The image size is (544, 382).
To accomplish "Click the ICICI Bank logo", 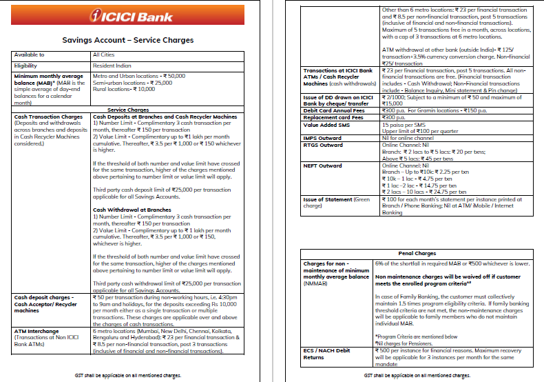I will [129, 17].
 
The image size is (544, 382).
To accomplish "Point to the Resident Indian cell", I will [111, 65].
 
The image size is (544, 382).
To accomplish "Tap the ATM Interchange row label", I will [37, 331].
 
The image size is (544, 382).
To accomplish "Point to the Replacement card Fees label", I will [333, 117].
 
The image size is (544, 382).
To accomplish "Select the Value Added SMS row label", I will [326, 125].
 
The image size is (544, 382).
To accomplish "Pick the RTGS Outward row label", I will [323, 145].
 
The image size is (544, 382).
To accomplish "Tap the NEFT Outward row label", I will [323, 165].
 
